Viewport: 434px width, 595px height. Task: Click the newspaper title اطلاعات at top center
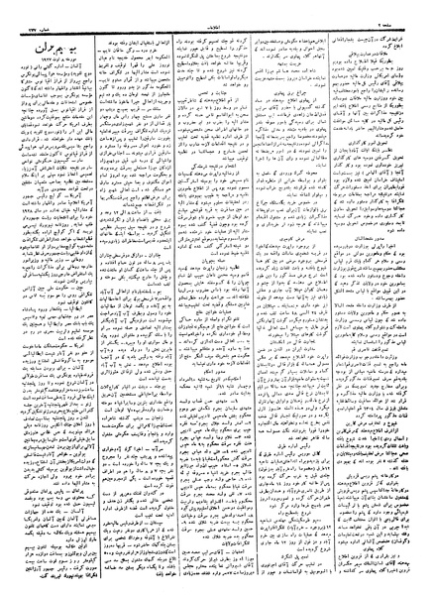pos(218,16)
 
